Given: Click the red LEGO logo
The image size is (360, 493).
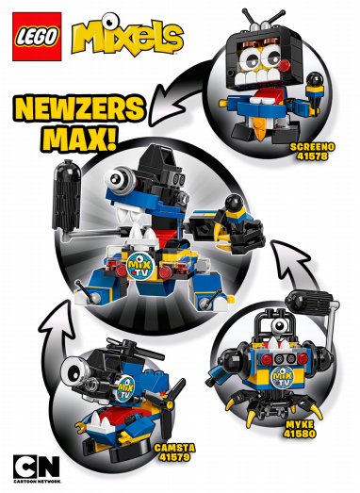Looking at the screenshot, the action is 37,37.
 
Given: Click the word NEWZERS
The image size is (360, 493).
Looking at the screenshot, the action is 78,108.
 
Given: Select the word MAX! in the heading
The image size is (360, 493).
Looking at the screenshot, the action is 80,138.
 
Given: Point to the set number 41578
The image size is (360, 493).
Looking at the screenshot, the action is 312,156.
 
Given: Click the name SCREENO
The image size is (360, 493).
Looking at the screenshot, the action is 312,147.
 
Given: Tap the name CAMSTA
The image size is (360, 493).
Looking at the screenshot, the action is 174,448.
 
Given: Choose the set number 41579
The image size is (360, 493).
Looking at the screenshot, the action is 174,457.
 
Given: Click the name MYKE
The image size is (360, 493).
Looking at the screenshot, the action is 300,425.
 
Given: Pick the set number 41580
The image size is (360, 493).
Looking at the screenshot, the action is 300,434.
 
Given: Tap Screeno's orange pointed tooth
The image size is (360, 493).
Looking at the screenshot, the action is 261,129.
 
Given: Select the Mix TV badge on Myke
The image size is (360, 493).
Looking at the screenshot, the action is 283,377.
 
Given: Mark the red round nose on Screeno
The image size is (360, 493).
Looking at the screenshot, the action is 286,65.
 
